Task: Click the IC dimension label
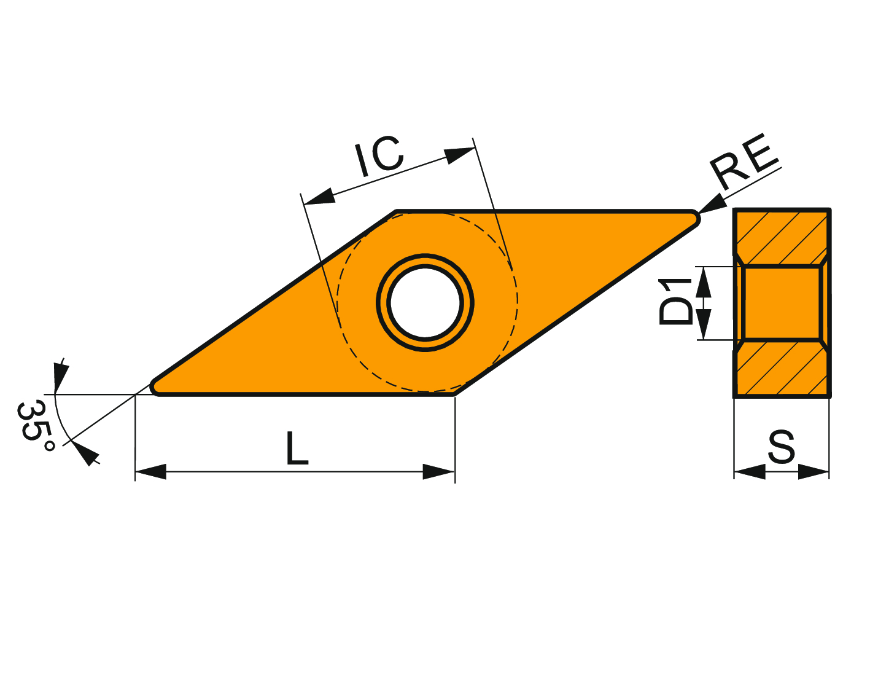click(x=380, y=155)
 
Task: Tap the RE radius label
click(x=745, y=161)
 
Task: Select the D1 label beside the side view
click(x=675, y=302)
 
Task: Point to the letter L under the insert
click(x=297, y=448)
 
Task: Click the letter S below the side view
click(x=781, y=447)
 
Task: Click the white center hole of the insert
click(x=425, y=303)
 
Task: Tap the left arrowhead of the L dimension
click(x=150, y=472)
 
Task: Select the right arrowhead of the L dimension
click(x=439, y=472)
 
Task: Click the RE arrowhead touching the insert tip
click(x=713, y=203)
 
